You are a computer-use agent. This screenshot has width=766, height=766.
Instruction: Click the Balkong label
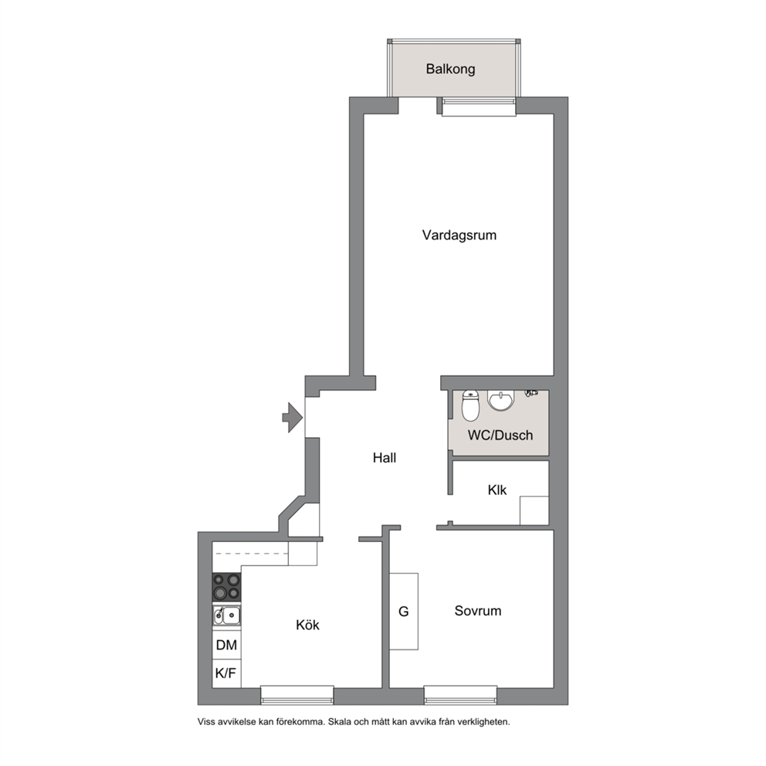450,69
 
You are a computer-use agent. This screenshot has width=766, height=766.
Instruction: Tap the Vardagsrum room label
459,235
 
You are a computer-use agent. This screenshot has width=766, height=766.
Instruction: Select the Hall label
385,458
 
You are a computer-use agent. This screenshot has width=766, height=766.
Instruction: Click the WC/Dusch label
500,435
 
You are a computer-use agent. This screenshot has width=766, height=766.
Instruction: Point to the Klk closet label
497,490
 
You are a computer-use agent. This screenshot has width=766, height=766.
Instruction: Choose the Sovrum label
478,611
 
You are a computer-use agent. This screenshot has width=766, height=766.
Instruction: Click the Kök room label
308,625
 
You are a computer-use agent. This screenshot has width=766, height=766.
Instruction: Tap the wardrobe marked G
404,611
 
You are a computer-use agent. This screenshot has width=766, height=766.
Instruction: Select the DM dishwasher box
227,645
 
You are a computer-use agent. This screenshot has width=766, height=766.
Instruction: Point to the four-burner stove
227,587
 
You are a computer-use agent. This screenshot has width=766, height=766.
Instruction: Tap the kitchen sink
227,615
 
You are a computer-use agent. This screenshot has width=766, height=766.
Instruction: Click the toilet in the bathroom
470,405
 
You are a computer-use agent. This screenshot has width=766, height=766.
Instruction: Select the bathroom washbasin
500,401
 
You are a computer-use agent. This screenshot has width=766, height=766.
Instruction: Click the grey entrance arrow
293,417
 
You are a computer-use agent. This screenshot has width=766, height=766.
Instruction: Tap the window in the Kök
297,695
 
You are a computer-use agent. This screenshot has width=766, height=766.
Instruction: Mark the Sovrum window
460,695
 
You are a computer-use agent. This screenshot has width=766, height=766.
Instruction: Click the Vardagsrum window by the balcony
479,107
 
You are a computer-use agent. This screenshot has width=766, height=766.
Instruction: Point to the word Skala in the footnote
340,721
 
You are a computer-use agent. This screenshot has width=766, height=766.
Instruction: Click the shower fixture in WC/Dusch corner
531,392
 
